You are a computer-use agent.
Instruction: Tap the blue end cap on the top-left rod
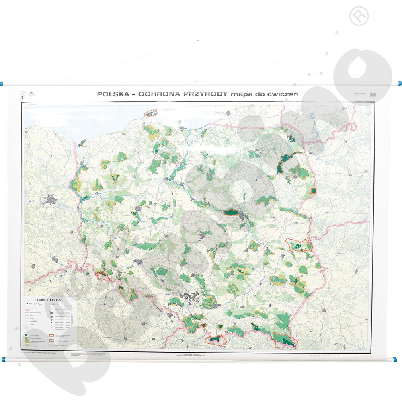point(4,84)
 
